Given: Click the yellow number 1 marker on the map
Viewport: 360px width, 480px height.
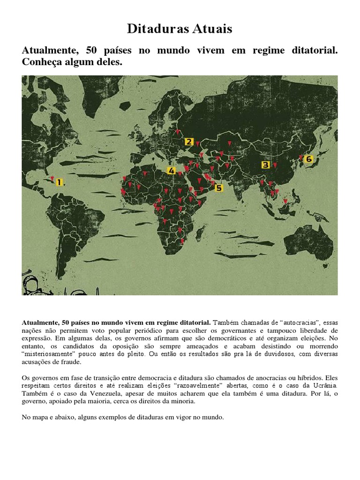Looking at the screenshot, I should [60, 182].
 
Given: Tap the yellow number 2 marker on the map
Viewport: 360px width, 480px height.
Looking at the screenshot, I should [188, 142].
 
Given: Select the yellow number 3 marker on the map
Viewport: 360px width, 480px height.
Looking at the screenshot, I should [266, 165].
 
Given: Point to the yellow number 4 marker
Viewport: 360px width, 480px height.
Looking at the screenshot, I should [172, 171].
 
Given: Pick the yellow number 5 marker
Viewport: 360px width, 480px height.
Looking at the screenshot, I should [218, 188].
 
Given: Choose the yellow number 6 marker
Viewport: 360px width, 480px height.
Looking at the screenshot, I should [308, 159].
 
